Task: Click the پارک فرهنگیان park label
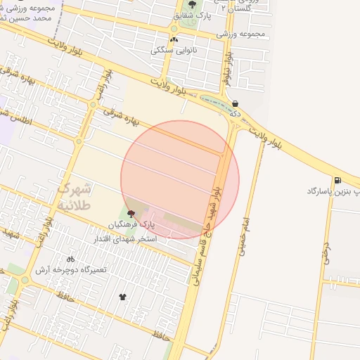131,224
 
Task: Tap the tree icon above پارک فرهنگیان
131,213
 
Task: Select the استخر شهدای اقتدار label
127,240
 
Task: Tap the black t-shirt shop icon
124,297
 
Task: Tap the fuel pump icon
339,180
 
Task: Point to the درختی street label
326,252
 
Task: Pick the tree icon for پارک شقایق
193,4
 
